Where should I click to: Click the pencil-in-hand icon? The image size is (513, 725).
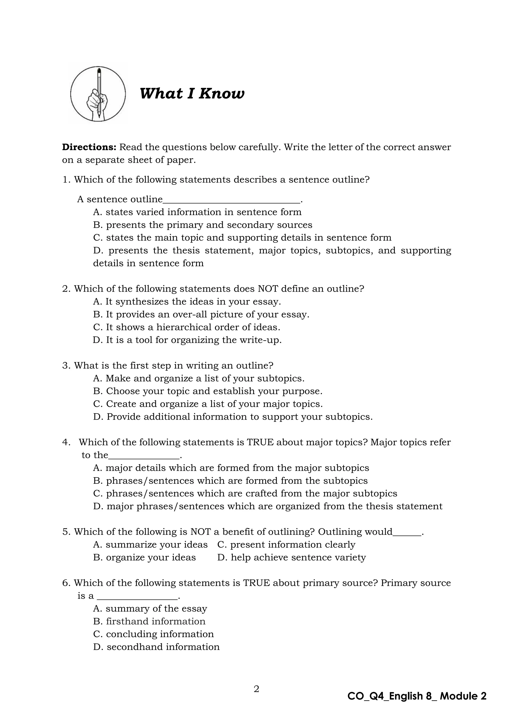coord(98,94)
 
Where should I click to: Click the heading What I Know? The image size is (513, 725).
coord(192,93)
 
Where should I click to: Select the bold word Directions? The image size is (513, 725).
coord(89,147)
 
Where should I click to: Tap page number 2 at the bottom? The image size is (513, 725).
coord(256,689)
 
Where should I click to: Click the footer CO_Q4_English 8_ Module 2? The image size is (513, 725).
coord(417,696)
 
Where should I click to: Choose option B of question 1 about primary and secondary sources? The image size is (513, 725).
coord(202,225)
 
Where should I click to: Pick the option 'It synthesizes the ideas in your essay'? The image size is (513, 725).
coord(187,302)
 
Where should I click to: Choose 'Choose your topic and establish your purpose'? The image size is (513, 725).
coord(208,391)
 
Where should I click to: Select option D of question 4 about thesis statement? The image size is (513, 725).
coord(268,506)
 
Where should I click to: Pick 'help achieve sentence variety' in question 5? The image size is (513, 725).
coord(291,557)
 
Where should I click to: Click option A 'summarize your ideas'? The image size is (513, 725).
coord(150,545)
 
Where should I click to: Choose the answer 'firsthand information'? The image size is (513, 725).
coord(149,621)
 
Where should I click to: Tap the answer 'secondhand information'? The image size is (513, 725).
coord(156,647)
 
